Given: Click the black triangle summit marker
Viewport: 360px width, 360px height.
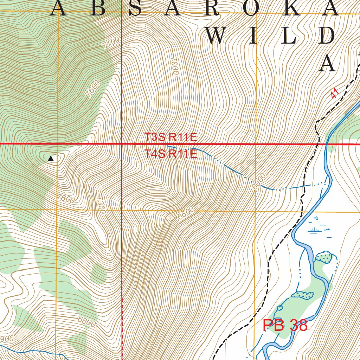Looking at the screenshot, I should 51,159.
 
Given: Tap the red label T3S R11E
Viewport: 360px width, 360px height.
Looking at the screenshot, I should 171,137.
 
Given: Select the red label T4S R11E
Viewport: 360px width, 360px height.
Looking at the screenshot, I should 171,154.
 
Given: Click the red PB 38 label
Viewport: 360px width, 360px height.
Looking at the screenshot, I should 285,326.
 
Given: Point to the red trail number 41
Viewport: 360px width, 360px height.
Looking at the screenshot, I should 334,93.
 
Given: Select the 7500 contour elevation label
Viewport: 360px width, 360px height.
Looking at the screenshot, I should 93,88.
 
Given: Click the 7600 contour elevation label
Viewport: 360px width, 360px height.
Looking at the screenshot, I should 66,199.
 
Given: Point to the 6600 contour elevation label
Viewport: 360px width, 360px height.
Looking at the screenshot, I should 186,213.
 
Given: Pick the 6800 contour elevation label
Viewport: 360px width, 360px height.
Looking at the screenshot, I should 86,322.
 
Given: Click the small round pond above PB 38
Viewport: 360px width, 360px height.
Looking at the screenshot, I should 279,308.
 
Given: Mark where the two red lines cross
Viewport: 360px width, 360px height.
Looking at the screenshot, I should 122,144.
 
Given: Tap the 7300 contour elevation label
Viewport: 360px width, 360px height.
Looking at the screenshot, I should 101,206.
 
